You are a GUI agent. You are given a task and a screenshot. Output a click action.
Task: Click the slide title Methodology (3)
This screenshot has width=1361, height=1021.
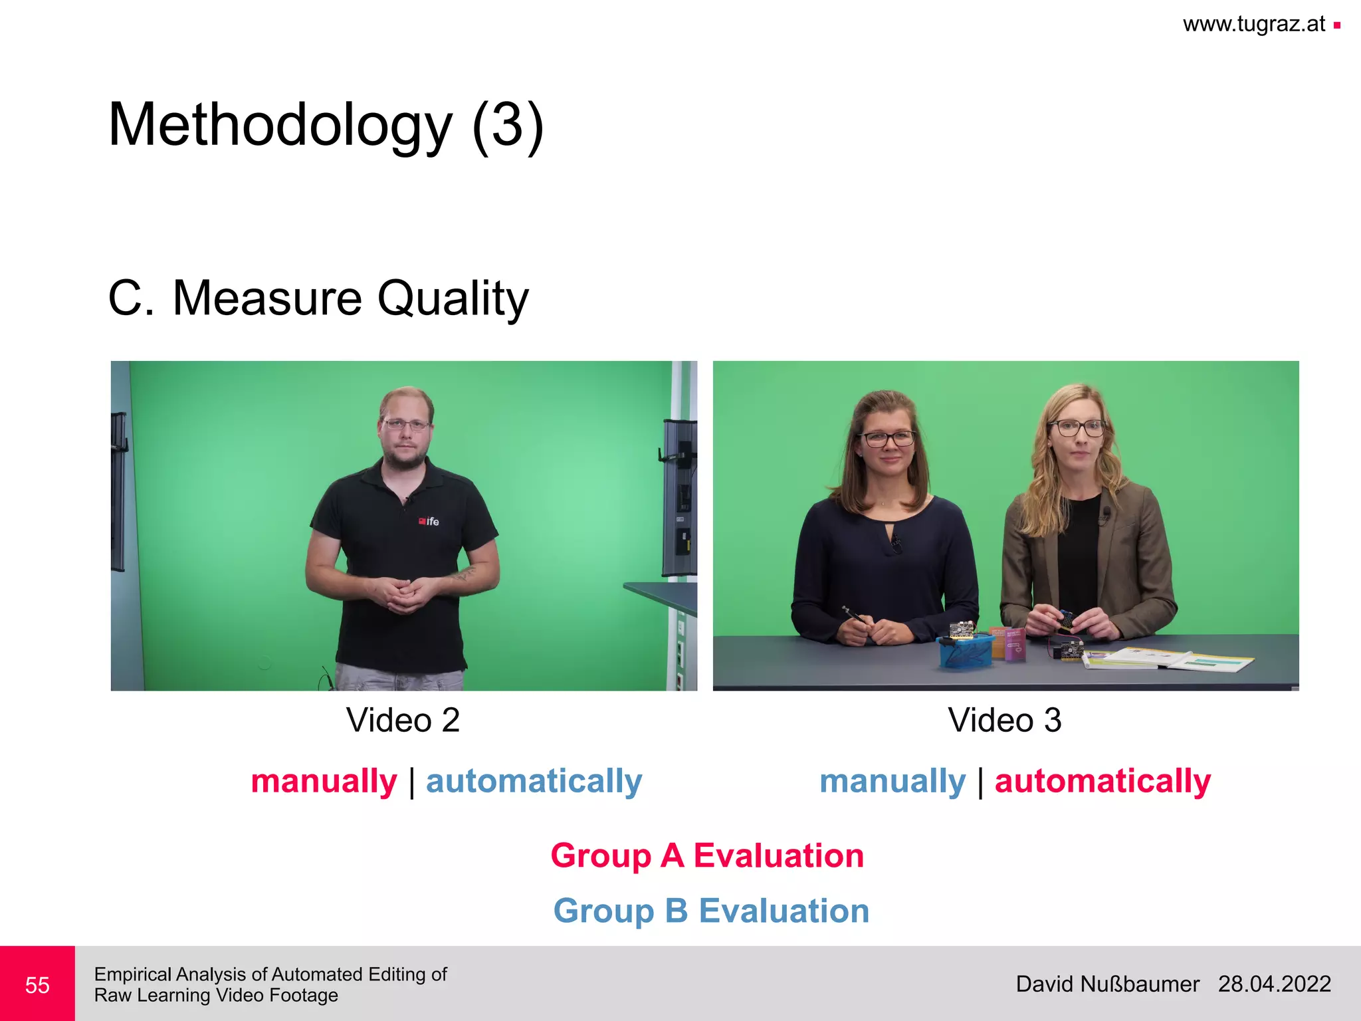tap(326, 125)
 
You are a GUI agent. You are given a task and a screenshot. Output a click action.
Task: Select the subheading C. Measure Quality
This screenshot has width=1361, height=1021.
tap(318, 298)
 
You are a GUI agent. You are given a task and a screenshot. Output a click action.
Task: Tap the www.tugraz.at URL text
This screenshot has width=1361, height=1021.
tap(1253, 25)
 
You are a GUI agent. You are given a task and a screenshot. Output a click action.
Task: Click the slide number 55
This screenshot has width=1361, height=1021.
tap(37, 984)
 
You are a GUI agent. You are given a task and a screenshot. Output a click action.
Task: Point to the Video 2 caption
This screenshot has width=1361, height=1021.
tap(403, 720)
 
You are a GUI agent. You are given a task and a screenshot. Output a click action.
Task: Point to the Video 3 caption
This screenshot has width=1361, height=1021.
tap(1005, 720)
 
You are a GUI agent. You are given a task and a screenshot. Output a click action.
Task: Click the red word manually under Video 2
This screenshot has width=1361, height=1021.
tap(324, 781)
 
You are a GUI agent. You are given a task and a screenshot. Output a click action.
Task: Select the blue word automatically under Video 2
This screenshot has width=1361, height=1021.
tap(534, 781)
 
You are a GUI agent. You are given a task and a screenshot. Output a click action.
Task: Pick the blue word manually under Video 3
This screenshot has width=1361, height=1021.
tap(892, 781)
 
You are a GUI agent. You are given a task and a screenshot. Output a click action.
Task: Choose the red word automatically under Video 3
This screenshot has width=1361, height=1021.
tap(1102, 781)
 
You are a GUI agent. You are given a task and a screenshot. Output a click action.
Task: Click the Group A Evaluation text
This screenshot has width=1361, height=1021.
tap(707, 855)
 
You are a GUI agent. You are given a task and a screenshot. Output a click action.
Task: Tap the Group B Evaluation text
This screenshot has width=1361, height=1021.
tap(711, 911)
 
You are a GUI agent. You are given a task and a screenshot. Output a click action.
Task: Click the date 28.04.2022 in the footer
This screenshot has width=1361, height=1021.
tap(1274, 984)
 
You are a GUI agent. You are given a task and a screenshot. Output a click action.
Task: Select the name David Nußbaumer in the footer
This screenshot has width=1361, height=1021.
tap(1107, 984)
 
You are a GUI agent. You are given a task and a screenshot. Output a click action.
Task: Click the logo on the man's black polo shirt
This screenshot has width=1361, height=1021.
tap(429, 521)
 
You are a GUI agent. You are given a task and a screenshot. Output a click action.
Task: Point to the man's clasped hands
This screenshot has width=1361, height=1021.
tap(403, 592)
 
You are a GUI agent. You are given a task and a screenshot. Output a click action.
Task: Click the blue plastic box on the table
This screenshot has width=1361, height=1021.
tap(965, 651)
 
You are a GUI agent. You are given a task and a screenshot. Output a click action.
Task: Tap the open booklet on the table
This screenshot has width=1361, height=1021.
tap(1170, 659)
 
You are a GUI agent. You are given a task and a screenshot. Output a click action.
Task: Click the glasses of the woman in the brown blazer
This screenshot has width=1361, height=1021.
tap(1077, 427)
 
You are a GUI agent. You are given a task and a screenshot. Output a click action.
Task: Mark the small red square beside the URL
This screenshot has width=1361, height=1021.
tap(1336, 26)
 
